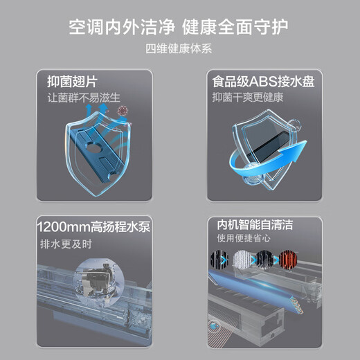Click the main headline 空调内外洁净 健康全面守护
point(179,27)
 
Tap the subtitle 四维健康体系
point(179,48)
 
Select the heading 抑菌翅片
point(73,82)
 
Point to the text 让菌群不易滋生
point(84,98)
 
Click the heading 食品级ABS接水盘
point(263,81)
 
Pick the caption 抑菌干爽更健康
point(248,97)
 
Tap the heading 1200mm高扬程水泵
point(93,226)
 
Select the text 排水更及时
point(66,244)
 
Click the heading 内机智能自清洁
point(255,224)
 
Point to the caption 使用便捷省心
point(244,238)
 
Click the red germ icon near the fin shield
point(122,111)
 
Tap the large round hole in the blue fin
point(94,148)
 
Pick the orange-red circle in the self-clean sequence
point(288,260)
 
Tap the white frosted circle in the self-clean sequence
point(242,260)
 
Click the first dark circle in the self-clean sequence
point(219,260)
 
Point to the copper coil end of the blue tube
point(297,305)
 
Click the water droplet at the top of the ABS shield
point(294,125)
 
